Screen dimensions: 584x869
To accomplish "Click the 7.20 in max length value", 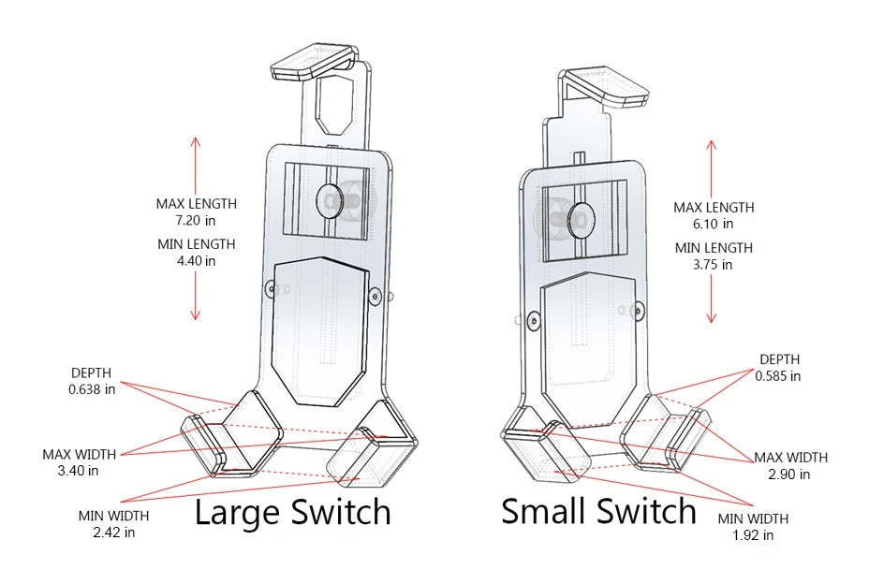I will (x=197, y=220).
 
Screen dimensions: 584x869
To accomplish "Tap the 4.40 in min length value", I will (x=197, y=261).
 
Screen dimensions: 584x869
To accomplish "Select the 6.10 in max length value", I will (x=714, y=224).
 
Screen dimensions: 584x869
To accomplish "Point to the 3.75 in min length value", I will (x=714, y=265).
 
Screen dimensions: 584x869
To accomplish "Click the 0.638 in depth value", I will (x=92, y=388).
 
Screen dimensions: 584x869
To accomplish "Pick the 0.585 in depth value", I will (x=779, y=375).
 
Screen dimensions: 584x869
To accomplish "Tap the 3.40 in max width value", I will (x=79, y=471).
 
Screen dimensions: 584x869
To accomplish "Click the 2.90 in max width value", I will (x=790, y=474).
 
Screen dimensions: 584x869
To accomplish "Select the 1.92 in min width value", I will (x=753, y=535).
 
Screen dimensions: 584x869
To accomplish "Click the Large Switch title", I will (x=291, y=512).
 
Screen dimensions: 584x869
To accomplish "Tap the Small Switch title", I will (x=598, y=511).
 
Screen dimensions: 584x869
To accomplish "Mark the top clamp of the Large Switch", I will (x=309, y=63).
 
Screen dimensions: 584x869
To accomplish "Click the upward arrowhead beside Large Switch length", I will (x=195, y=141).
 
